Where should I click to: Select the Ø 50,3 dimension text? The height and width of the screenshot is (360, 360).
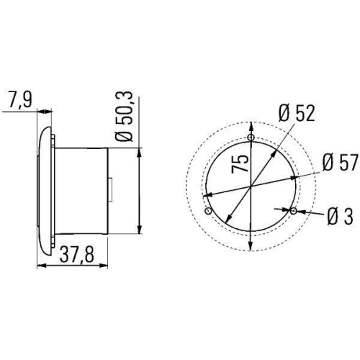pos(124,115)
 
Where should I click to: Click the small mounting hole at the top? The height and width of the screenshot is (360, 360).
pos(250,138)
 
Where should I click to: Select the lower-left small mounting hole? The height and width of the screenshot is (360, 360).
pos(208,212)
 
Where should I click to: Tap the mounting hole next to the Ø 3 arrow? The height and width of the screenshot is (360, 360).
pos(293,211)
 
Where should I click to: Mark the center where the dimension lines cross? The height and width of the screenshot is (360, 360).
pos(250,187)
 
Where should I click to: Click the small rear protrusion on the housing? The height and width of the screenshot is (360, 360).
pos(110,189)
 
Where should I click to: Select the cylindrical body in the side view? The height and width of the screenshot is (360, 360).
pos(81,190)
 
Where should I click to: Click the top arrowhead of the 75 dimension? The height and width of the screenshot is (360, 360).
pos(250,125)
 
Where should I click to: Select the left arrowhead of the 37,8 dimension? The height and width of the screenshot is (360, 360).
pos(39,266)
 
